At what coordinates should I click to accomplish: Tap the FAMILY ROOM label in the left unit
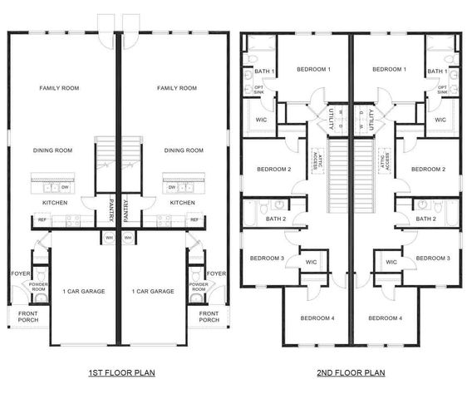(x=57, y=88)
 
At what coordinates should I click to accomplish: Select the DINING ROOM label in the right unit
(x=184, y=150)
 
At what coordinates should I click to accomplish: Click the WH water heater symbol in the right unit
(x=129, y=238)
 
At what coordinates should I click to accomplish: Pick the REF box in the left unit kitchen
(x=42, y=220)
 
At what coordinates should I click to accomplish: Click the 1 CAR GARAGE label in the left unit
(x=82, y=291)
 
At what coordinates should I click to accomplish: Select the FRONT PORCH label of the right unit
(x=209, y=317)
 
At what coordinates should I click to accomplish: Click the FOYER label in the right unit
(x=216, y=273)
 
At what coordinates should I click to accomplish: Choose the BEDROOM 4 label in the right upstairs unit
(x=384, y=318)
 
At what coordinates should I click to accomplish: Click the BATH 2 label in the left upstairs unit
(x=277, y=219)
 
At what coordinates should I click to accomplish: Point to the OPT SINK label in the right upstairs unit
(x=443, y=88)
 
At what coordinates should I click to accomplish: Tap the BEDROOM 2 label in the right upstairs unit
(x=426, y=170)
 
